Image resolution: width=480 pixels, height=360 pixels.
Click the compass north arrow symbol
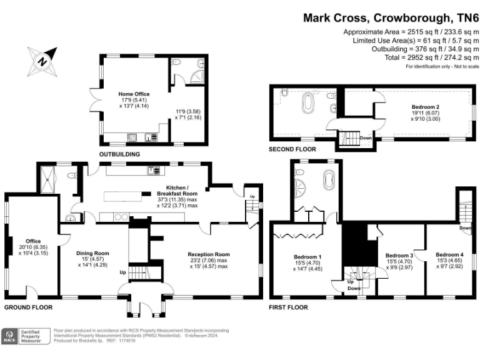point(42,61)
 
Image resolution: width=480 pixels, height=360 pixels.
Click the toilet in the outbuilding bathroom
point(176,63)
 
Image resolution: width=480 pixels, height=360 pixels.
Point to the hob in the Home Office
point(132,137)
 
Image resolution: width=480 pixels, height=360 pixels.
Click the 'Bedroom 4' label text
point(449,255)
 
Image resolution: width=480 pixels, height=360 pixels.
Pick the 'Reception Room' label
point(209,254)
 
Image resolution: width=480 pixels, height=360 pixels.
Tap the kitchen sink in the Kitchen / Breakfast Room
point(151,170)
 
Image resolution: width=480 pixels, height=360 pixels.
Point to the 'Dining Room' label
point(92,253)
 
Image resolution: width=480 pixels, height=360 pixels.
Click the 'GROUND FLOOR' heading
point(28,307)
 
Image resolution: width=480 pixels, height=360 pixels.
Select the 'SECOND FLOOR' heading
point(292,149)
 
